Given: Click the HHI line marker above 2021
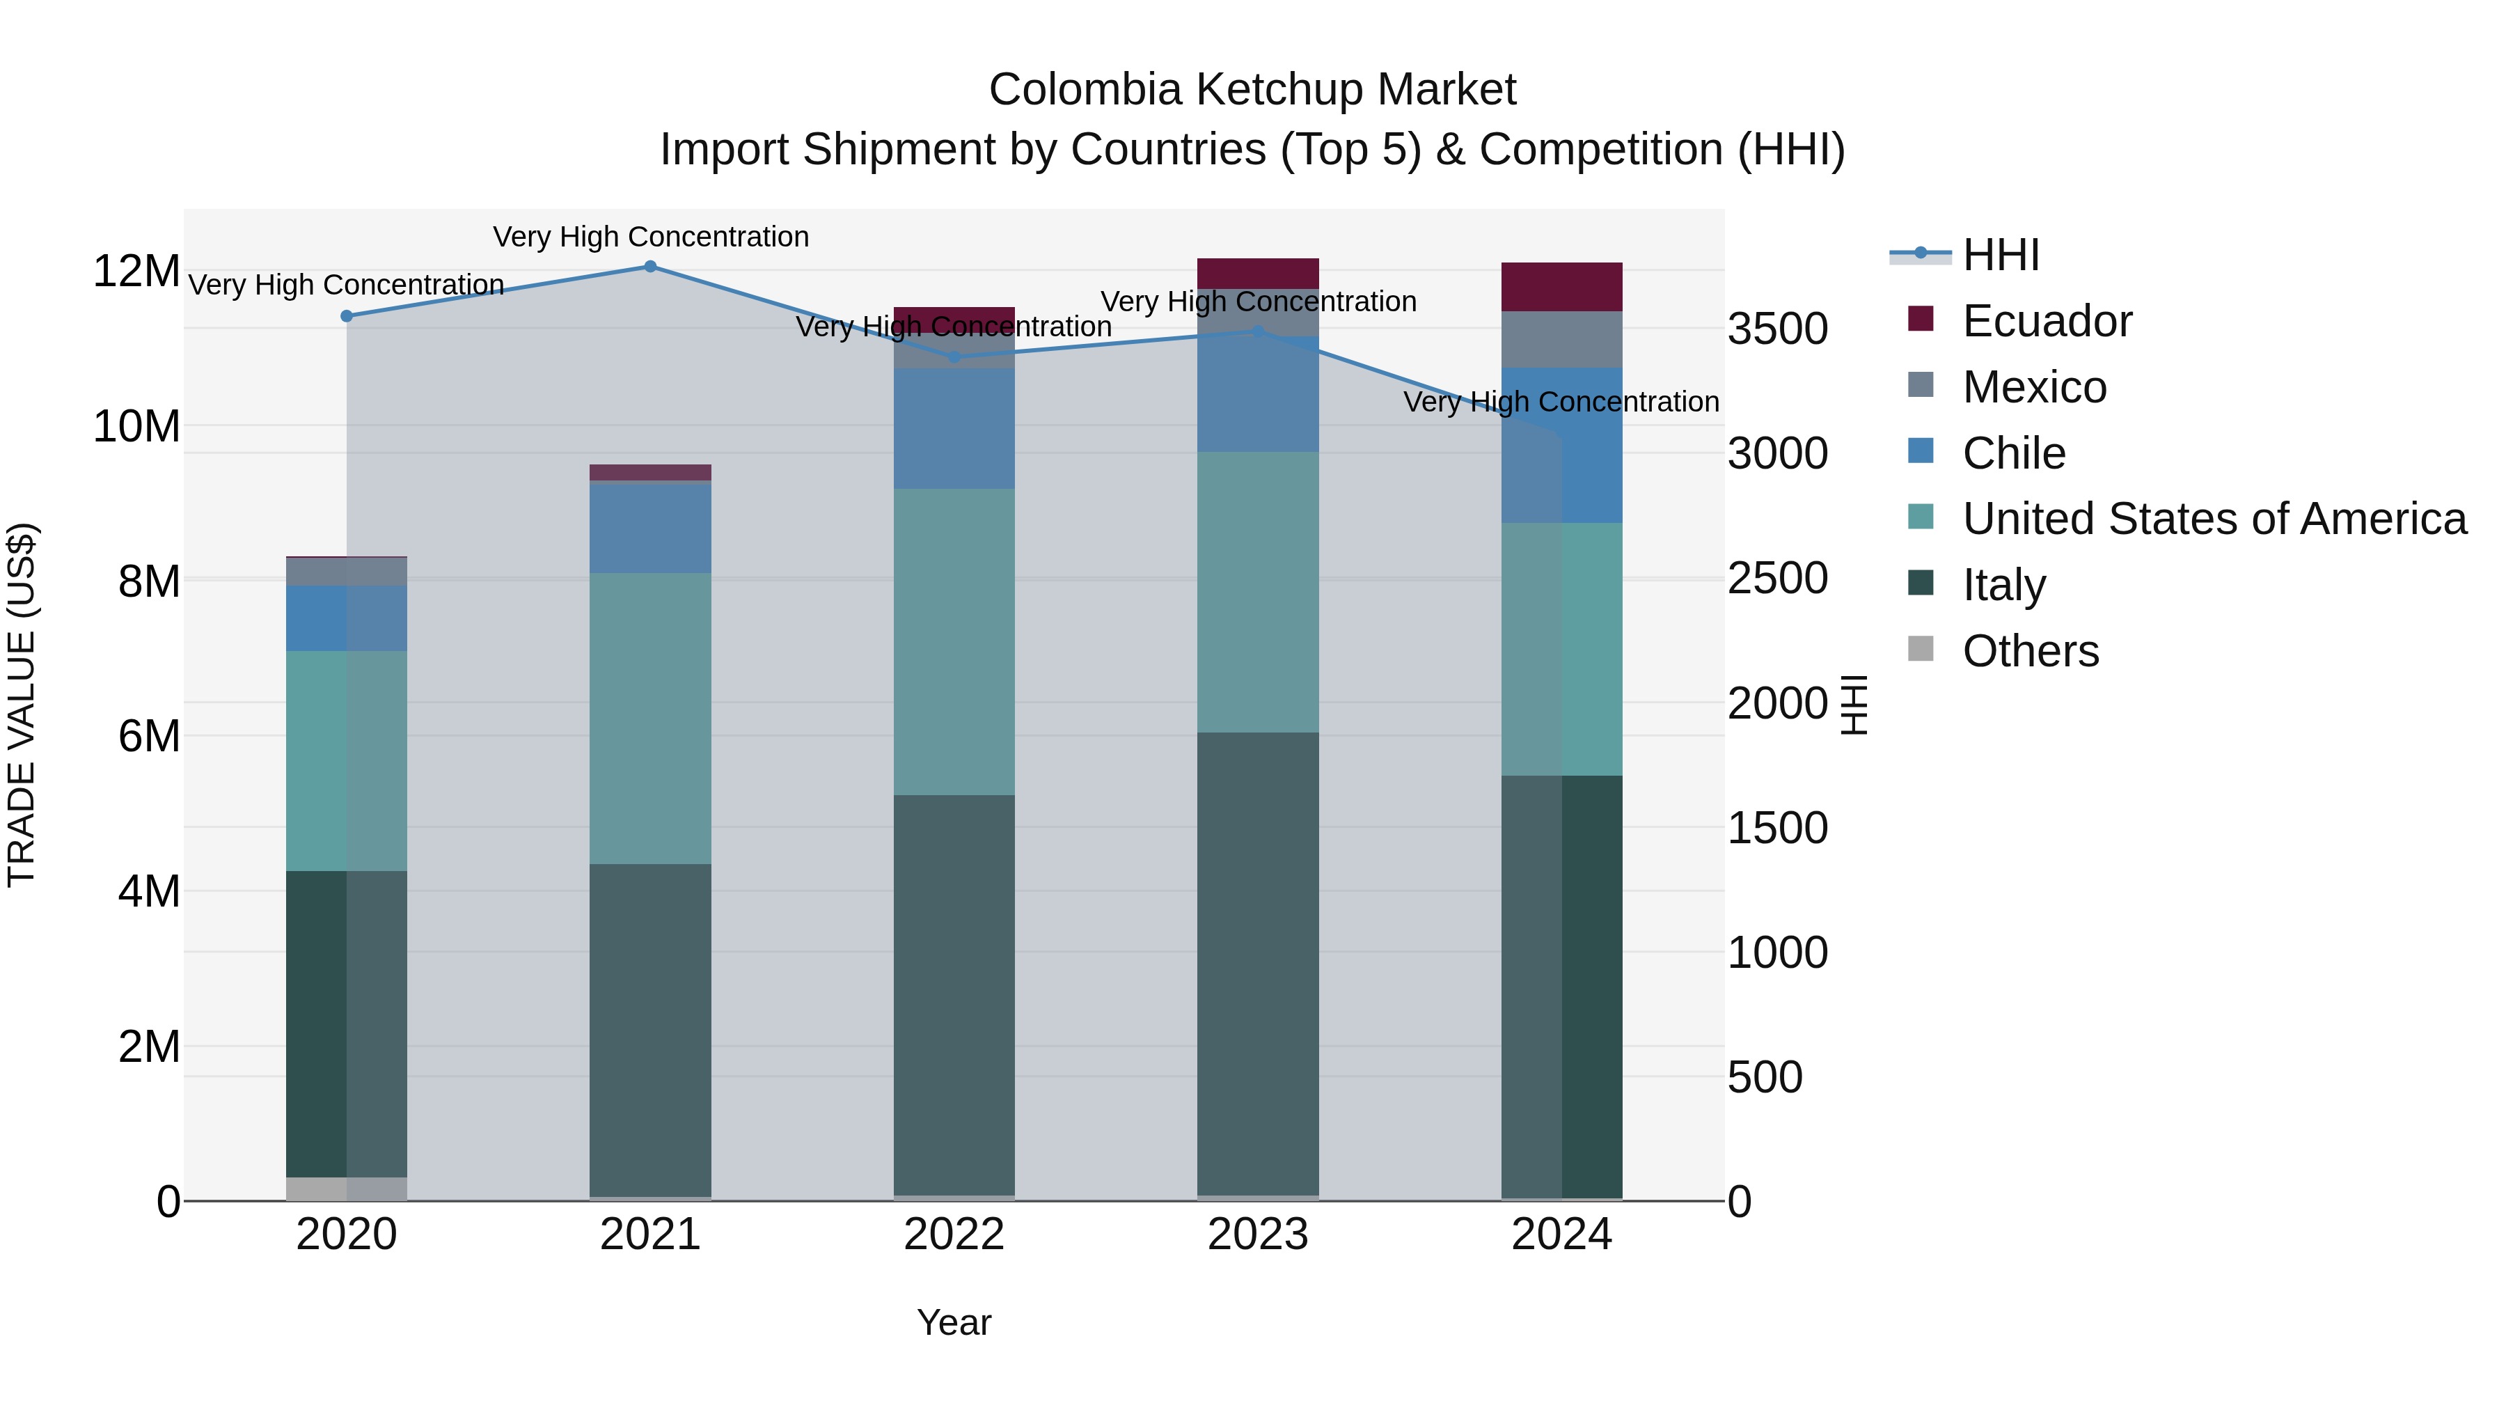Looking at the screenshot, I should (651, 267).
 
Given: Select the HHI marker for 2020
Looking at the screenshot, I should (347, 316).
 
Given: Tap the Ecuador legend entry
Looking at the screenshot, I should (2046, 321).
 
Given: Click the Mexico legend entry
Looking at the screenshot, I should (2033, 387).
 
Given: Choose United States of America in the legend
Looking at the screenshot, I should (2213, 519).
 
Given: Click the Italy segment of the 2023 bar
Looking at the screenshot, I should (1258, 964).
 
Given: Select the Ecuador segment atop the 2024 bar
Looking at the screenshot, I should (1561, 287).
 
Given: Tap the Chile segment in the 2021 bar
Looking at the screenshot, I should (651, 526).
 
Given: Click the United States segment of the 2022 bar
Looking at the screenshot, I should (954, 642).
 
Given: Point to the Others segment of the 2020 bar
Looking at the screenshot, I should (347, 1188).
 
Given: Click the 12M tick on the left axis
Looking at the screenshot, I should (136, 272).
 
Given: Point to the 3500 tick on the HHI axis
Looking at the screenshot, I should (1777, 329).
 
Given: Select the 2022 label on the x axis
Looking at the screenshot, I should (954, 1235).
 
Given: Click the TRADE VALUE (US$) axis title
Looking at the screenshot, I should (22, 705).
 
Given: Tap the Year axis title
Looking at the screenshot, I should (954, 1322).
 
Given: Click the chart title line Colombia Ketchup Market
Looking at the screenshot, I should (1252, 90).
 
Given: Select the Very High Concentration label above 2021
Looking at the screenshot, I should (651, 237).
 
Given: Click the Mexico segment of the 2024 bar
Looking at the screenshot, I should (1561, 340).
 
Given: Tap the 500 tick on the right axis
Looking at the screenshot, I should (1765, 1077).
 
